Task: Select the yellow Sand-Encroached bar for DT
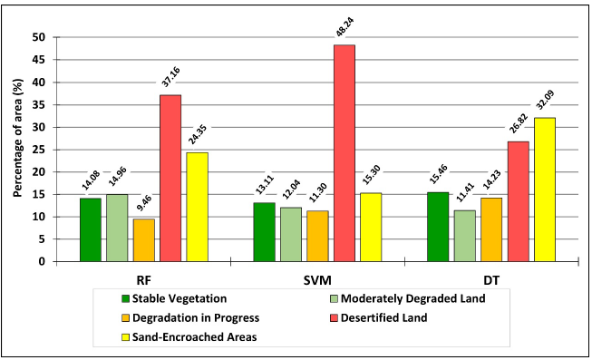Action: click(x=545, y=190)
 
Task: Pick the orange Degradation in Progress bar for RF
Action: click(x=143, y=239)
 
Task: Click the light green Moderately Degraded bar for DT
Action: click(x=465, y=236)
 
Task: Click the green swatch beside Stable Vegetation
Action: click(x=126, y=297)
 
